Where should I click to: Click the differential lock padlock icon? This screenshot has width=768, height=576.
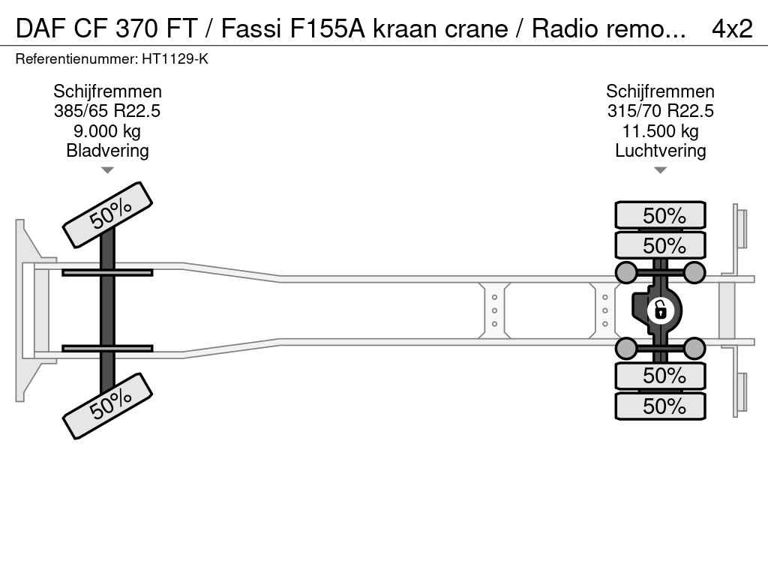click(x=661, y=310)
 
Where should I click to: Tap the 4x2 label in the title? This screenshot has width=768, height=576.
click(x=731, y=28)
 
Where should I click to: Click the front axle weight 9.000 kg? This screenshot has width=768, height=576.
click(x=107, y=131)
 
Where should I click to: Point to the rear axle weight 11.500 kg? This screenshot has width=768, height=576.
click(x=660, y=131)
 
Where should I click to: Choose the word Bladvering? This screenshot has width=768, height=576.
click(x=107, y=151)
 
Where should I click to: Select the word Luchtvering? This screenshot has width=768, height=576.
click(x=660, y=151)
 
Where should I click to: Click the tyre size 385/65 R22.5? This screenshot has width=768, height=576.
click(x=107, y=112)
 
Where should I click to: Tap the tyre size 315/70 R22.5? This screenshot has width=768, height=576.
click(x=660, y=112)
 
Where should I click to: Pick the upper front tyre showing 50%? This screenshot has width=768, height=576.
click(x=107, y=214)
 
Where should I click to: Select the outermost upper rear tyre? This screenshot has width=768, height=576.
click(x=660, y=215)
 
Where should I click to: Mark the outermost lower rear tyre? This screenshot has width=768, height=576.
click(x=660, y=406)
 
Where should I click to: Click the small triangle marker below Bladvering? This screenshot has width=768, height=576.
click(x=107, y=170)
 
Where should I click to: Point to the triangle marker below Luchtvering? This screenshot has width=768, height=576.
click(x=660, y=170)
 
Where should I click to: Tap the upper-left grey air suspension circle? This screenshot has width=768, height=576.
click(x=625, y=271)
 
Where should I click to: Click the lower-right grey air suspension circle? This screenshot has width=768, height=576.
click(x=694, y=347)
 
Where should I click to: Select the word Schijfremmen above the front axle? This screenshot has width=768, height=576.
click(x=107, y=92)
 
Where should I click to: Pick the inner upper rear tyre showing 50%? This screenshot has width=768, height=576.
click(x=660, y=245)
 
